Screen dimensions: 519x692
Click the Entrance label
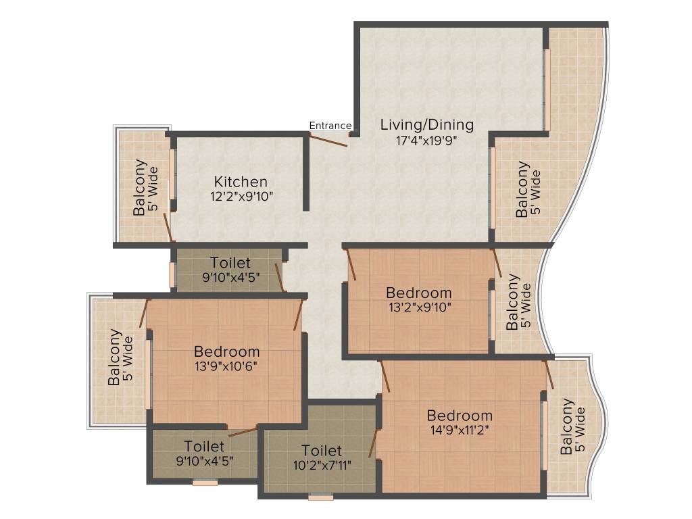click(330, 125)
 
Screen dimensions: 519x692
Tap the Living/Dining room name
click(426, 125)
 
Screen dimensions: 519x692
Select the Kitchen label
click(241, 182)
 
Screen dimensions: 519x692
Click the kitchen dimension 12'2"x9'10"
click(241, 197)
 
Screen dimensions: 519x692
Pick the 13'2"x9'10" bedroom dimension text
click(418, 307)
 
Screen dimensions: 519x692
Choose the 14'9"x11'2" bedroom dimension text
click(459, 430)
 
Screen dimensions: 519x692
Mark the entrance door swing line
click(328, 140)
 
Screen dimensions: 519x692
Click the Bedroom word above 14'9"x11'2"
click(460, 415)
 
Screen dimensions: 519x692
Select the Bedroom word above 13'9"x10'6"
click(226, 351)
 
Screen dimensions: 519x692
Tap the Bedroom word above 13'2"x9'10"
click(418, 293)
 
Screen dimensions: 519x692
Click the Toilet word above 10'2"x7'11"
click(322, 450)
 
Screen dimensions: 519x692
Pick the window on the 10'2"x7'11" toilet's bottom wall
click(321, 498)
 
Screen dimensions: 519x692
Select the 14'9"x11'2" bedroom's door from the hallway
click(386, 376)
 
